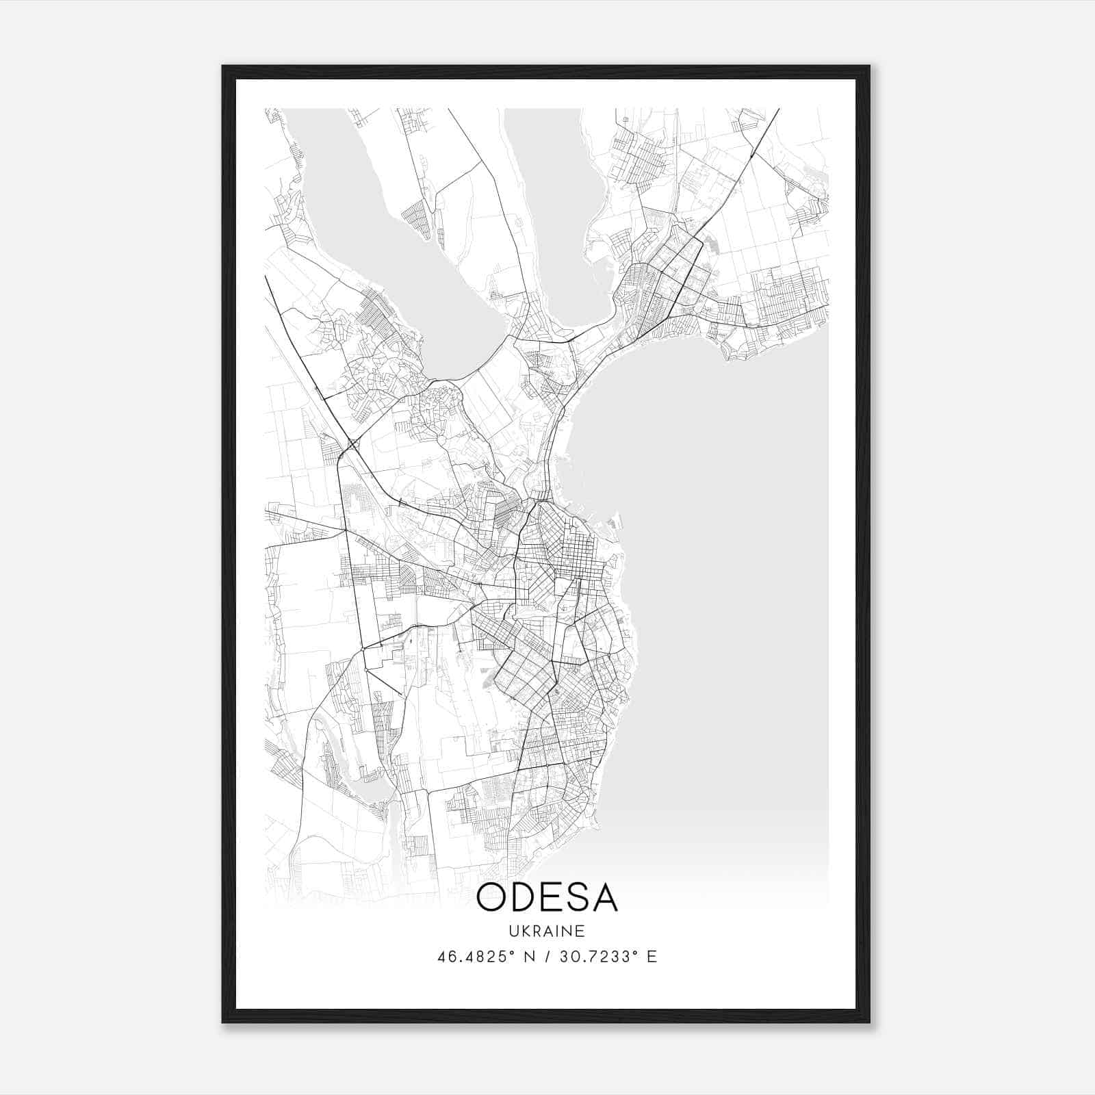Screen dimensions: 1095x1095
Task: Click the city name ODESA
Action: pos(547,897)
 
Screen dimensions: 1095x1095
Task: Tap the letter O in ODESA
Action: pos(492,897)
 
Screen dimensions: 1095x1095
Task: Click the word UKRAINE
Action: pos(547,931)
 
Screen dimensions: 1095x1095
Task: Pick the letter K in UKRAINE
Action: pos(525,931)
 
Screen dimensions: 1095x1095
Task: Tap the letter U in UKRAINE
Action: pos(513,931)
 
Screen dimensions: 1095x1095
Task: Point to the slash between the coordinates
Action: pos(548,957)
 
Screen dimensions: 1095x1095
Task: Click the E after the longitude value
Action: pos(652,957)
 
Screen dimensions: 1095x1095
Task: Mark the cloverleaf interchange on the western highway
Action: pos(353,446)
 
